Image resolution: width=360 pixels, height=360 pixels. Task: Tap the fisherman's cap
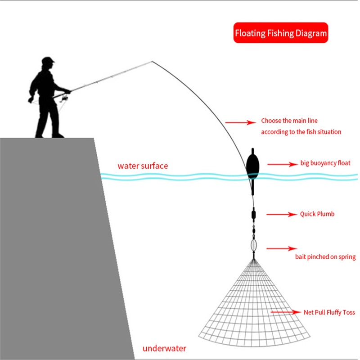(48, 60)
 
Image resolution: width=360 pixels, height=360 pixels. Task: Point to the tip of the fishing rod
(152, 62)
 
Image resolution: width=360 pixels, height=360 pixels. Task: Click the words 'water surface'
(143, 166)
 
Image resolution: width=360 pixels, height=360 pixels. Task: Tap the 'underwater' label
(164, 348)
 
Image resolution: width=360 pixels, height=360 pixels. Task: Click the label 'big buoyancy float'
(325, 163)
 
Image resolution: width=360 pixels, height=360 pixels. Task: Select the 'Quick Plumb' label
(317, 214)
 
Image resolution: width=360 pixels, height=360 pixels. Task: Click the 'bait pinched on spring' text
(325, 257)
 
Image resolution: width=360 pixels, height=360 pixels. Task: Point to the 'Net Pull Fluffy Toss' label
(329, 312)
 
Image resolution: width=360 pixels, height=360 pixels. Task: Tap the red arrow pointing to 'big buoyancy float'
(280, 165)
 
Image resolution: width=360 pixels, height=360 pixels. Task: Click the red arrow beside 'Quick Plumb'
(280, 215)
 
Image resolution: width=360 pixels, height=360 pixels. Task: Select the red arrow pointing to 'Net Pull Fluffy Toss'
(285, 312)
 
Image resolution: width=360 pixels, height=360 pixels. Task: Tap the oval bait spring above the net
(254, 245)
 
